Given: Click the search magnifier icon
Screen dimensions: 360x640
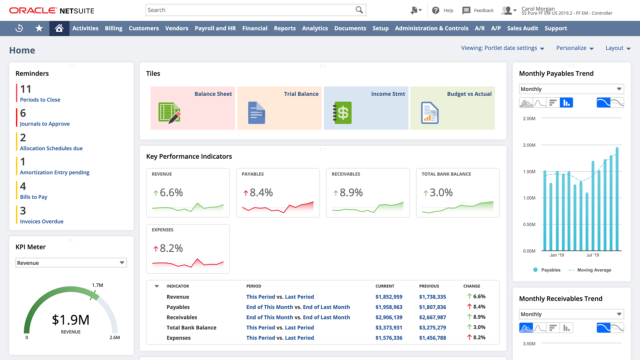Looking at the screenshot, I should [x=359, y=10].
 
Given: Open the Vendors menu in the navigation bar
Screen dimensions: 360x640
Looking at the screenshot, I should [x=177, y=28].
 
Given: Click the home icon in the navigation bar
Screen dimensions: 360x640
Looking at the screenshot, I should [x=59, y=28].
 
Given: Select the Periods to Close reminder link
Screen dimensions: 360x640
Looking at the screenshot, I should [x=40, y=100].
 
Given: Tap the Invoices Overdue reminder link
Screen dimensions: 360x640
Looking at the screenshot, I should [x=42, y=221].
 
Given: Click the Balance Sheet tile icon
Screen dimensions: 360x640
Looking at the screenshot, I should [x=169, y=113].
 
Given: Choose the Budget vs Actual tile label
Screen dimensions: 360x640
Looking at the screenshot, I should [x=469, y=94].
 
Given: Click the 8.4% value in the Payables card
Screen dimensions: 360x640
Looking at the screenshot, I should [x=261, y=193].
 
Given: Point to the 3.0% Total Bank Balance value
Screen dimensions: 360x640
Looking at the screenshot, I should [x=441, y=193].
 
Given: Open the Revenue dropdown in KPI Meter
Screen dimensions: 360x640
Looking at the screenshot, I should [x=71, y=263].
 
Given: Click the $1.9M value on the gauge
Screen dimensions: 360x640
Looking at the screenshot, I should [x=71, y=320].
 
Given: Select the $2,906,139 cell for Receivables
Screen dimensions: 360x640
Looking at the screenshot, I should [x=389, y=317].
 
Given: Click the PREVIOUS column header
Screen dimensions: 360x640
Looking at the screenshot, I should [x=429, y=286].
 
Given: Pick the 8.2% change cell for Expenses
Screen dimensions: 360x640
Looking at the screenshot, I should [x=479, y=337].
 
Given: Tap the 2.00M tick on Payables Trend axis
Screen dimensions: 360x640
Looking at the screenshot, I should [x=529, y=145].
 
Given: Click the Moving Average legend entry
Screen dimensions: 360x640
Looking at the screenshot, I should [x=594, y=270].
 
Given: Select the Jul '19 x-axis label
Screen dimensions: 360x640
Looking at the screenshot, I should [x=592, y=255].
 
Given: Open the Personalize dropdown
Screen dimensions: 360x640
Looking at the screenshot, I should [x=575, y=48].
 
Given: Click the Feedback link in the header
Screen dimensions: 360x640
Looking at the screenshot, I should [x=483, y=10].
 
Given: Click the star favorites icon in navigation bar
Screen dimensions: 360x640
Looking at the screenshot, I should [x=39, y=28].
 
